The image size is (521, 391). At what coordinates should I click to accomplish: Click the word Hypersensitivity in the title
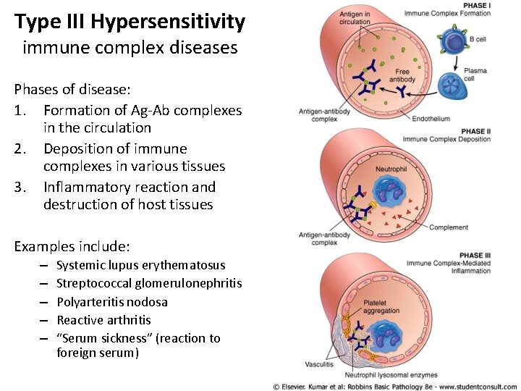click(168, 22)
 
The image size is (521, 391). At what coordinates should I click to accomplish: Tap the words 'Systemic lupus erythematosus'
click(140, 265)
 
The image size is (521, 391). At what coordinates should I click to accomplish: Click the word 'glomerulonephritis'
click(190, 283)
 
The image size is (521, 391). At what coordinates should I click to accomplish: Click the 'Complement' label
click(449, 227)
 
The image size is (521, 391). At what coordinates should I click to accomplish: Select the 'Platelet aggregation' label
click(381, 307)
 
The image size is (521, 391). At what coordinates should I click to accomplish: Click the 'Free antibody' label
click(402, 75)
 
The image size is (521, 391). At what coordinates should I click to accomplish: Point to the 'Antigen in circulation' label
click(355, 18)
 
